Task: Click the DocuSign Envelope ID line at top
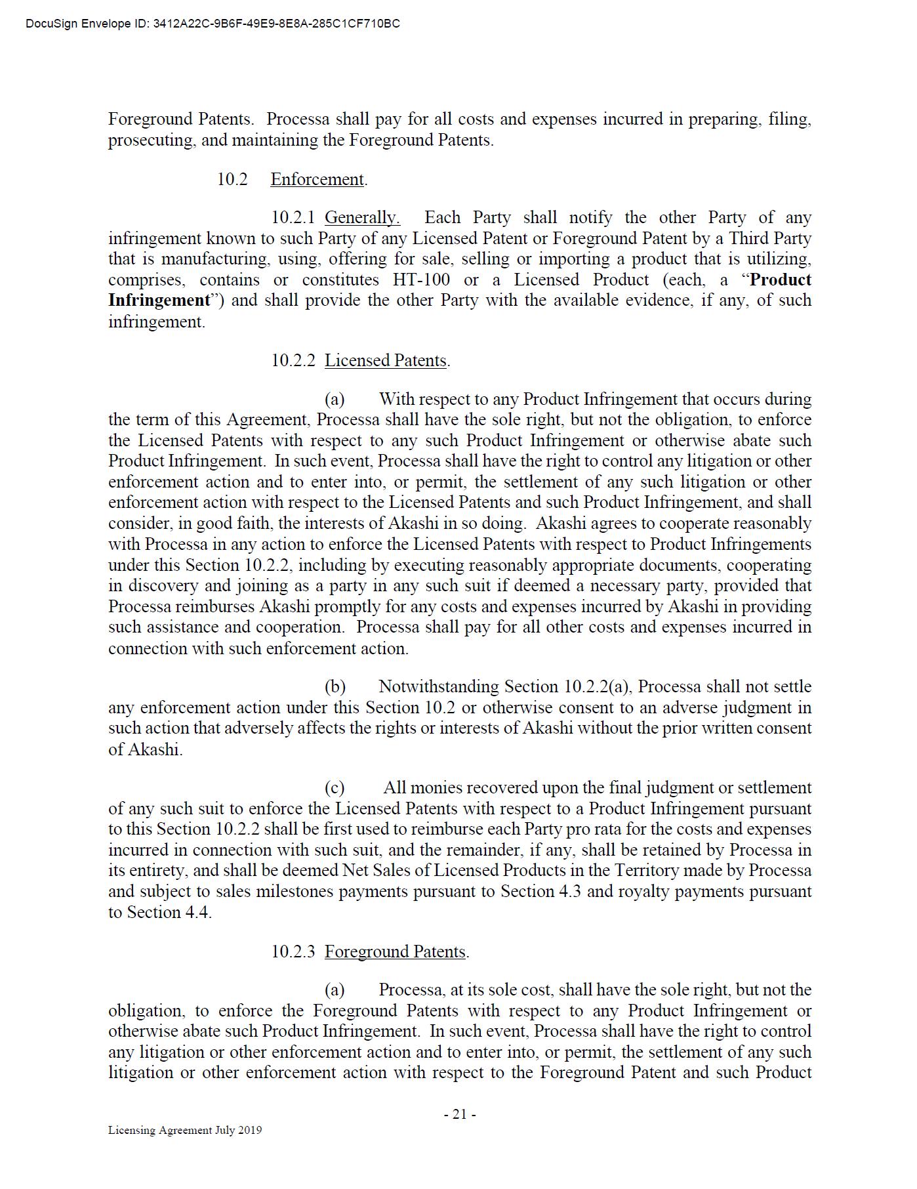213,24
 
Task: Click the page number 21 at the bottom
459,1114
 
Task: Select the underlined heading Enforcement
317,179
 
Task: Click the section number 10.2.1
293,217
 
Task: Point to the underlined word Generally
362,217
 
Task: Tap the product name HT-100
421,280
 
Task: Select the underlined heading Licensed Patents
386,360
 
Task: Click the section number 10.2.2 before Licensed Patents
293,360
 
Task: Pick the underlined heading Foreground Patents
395,951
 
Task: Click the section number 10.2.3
293,951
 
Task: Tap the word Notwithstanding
439,686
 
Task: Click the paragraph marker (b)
335,686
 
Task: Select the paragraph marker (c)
335,787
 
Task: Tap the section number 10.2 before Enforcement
232,179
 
